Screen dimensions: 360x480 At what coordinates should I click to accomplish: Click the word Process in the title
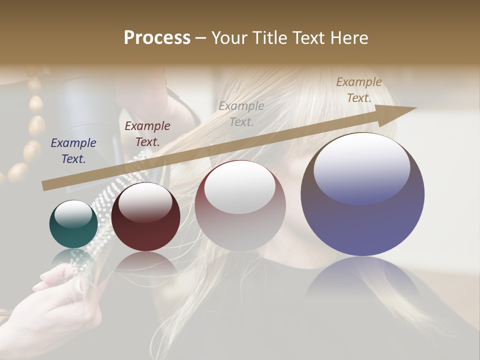pyautogui.click(x=157, y=38)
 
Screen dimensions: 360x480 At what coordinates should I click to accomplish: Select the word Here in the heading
pyautogui.click(x=349, y=38)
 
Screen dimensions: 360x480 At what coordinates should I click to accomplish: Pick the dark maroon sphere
pyautogui.click(x=145, y=217)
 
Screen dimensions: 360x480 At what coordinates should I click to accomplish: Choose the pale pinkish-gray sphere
pyautogui.click(x=240, y=205)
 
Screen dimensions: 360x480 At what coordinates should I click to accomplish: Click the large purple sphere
pyautogui.click(x=362, y=195)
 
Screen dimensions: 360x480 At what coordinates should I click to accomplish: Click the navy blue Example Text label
pyautogui.click(x=73, y=151)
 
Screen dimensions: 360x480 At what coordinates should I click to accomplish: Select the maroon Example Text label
pyautogui.click(x=147, y=134)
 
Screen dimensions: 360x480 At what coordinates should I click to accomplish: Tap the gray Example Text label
pyautogui.click(x=241, y=113)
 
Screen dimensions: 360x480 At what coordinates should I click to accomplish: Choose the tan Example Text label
pyautogui.click(x=359, y=90)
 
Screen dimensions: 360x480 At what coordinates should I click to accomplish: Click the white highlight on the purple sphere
pyautogui.click(x=361, y=167)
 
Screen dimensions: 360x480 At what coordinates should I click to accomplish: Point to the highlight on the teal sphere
pyautogui.click(x=73, y=214)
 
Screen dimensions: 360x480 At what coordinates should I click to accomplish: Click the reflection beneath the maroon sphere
pyautogui.click(x=145, y=262)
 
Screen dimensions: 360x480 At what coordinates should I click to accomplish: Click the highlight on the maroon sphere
pyautogui.click(x=145, y=201)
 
